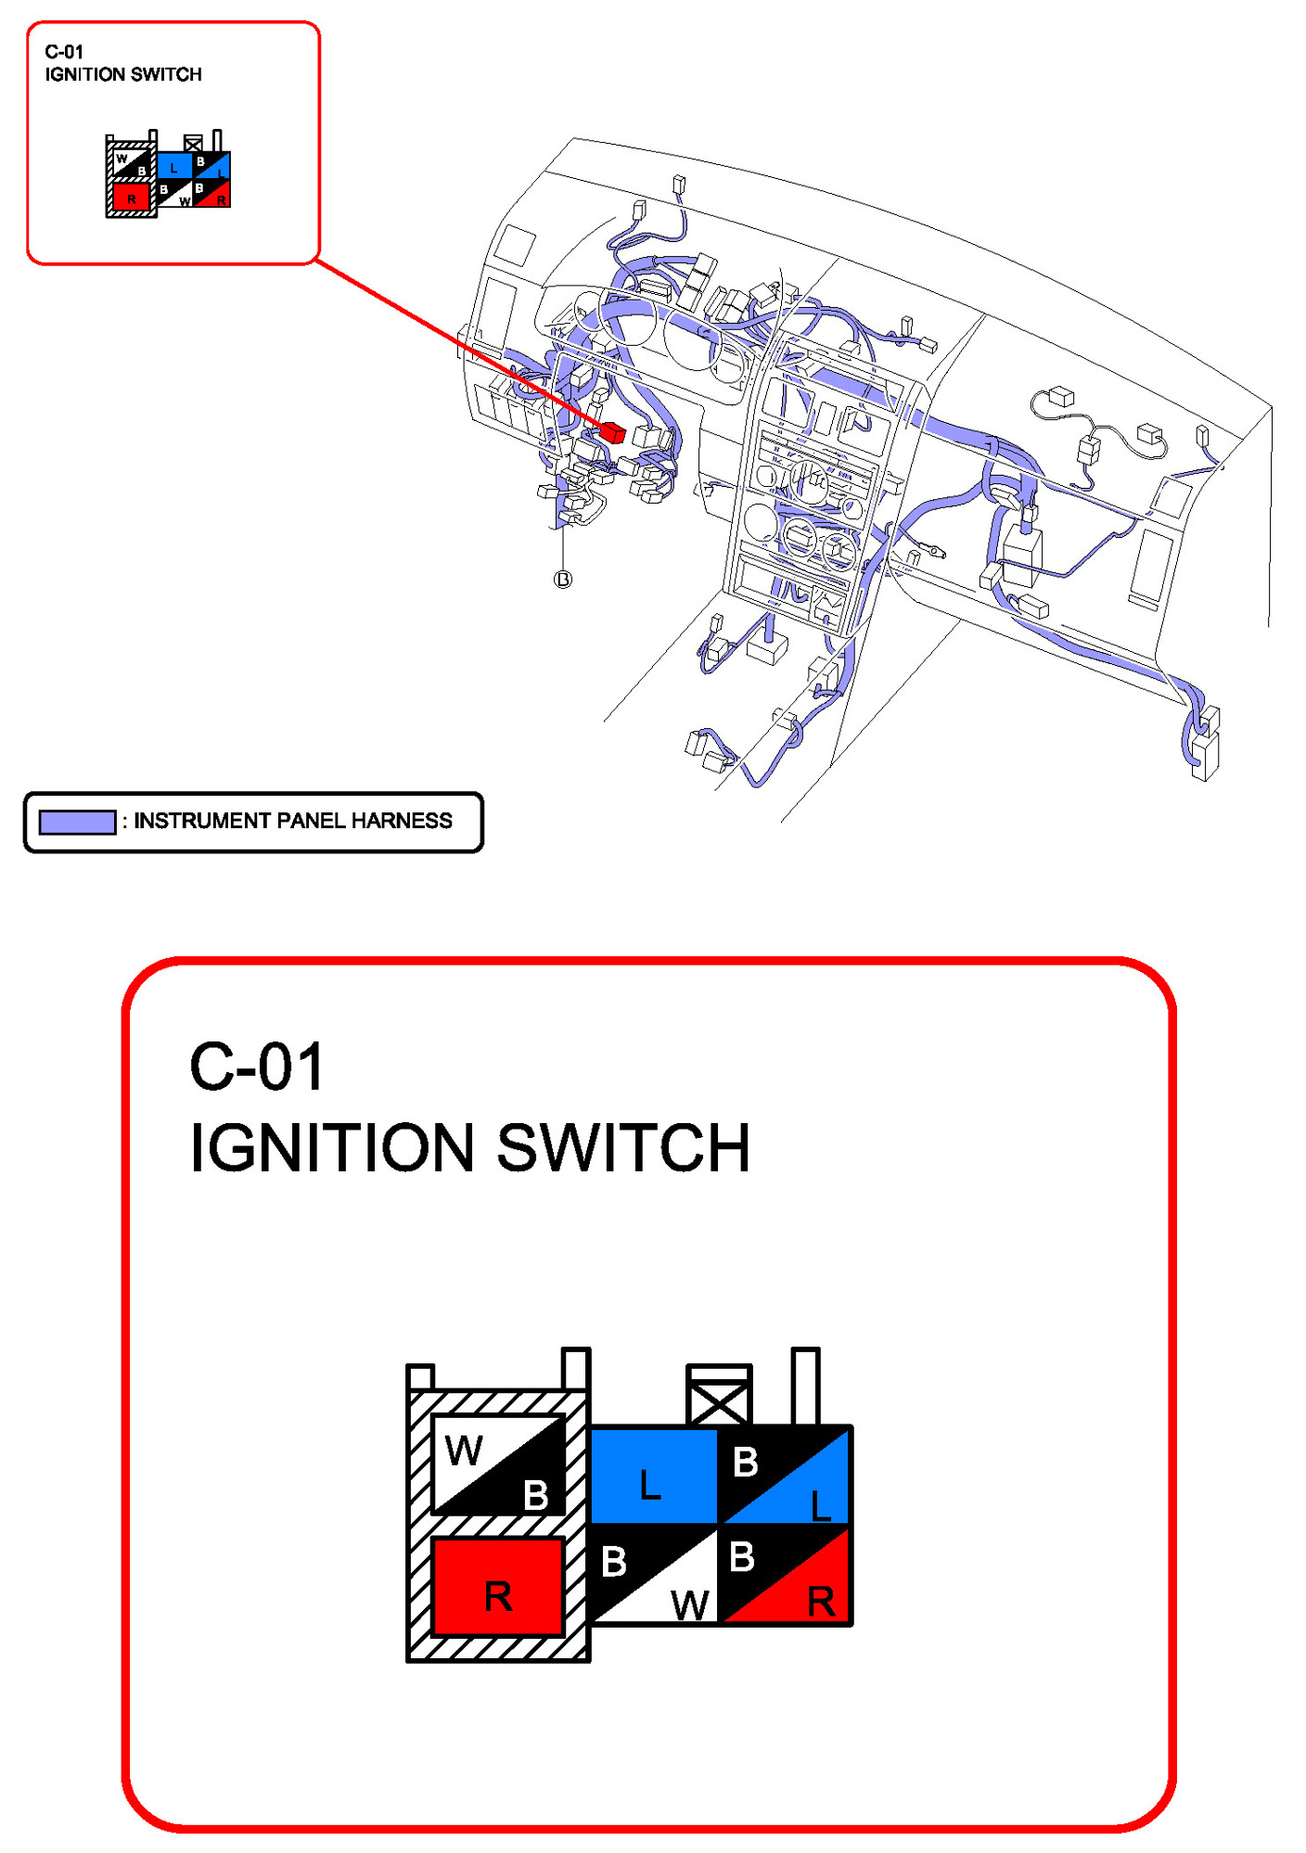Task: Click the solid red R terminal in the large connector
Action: tap(498, 1588)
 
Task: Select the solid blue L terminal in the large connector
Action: tap(653, 1476)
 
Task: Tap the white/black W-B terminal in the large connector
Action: tap(499, 1465)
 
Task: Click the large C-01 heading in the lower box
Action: tap(257, 1067)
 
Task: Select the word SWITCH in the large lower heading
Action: tap(623, 1148)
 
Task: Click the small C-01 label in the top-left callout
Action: tap(64, 52)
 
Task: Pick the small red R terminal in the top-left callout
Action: tap(131, 198)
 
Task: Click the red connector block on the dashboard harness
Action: tap(612, 432)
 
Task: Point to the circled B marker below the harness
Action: tap(563, 580)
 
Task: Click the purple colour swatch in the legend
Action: tap(77, 822)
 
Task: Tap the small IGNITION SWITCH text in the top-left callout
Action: tap(123, 74)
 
